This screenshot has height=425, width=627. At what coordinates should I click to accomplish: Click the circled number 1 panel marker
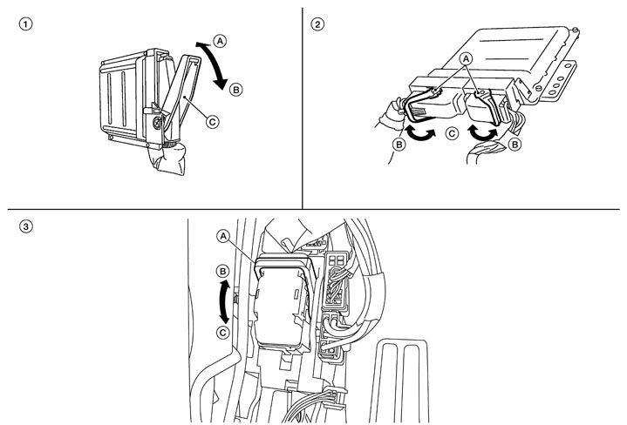click(x=25, y=24)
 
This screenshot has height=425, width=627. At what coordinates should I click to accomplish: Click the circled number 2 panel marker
click(x=317, y=24)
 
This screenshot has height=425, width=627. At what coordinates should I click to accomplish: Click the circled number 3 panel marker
click(x=25, y=227)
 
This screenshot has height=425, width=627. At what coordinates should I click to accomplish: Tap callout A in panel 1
click(x=220, y=41)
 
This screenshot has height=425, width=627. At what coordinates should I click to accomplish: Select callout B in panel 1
click(x=236, y=90)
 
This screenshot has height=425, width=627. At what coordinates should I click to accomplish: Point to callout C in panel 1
click(x=212, y=121)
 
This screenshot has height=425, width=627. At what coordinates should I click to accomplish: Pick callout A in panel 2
click(x=466, y=59)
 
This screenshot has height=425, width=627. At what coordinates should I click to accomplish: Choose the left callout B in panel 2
click(x=399, y=144)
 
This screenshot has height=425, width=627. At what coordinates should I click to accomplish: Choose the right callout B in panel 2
click(x=515, y=144)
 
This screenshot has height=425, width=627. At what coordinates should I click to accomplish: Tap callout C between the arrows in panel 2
click(x=453, y=133)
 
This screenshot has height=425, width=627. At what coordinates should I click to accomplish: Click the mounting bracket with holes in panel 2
click(x=558, y=79)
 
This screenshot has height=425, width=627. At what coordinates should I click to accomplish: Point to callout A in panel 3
click(x=223, y=236)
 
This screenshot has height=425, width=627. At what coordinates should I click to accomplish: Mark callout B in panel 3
click(x=222, y=271)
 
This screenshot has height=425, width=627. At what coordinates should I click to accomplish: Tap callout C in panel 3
click(x=222, y=333)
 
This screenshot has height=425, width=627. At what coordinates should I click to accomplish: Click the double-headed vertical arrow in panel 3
click(x=224, y=301)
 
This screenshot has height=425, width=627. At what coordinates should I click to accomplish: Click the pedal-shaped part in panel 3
click(x=403, y=381)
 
